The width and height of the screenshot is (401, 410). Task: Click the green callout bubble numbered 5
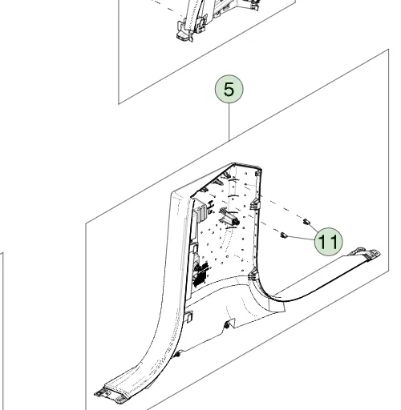pyautogui.click(x=229, y=89)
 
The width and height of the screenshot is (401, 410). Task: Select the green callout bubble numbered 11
pyautogui.click(x=329, y=242)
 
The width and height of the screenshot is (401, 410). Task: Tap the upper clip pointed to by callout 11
pyautogui.click(x=306, y=222)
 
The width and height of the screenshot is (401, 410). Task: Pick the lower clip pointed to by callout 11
pyautogui.click(x=283, y=235)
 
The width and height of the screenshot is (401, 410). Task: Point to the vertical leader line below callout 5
pyautogui.click(x=229, y=122)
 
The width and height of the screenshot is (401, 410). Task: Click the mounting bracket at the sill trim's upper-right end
pyautogui.click(x=366, y=252)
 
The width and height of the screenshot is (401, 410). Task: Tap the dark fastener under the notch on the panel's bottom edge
pyautogui.click(x=227, y=325)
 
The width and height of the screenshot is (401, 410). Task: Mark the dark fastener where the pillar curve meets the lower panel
pyautogui.click(x=177, y=355)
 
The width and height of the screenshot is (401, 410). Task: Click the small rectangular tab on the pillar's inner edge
pyautogui.click(x=189, y=316)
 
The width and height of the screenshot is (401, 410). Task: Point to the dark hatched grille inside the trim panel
pyautogui.click(x=200, y=275)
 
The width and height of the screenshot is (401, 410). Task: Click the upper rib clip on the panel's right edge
pyautogui.click(x=255, y=204)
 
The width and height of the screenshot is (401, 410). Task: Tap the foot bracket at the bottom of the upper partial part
pyautogui.click(x=184, y=34)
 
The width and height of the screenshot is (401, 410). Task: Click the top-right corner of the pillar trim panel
pyautogui.click(x=261, y=169)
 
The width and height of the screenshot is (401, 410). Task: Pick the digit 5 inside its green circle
pyautogui.click(x=229, y=89)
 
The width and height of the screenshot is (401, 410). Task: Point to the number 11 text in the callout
pyautogui.click(x=329, y=242)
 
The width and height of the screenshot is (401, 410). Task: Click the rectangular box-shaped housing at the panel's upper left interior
pyautogui.click(x=202, y=211)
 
